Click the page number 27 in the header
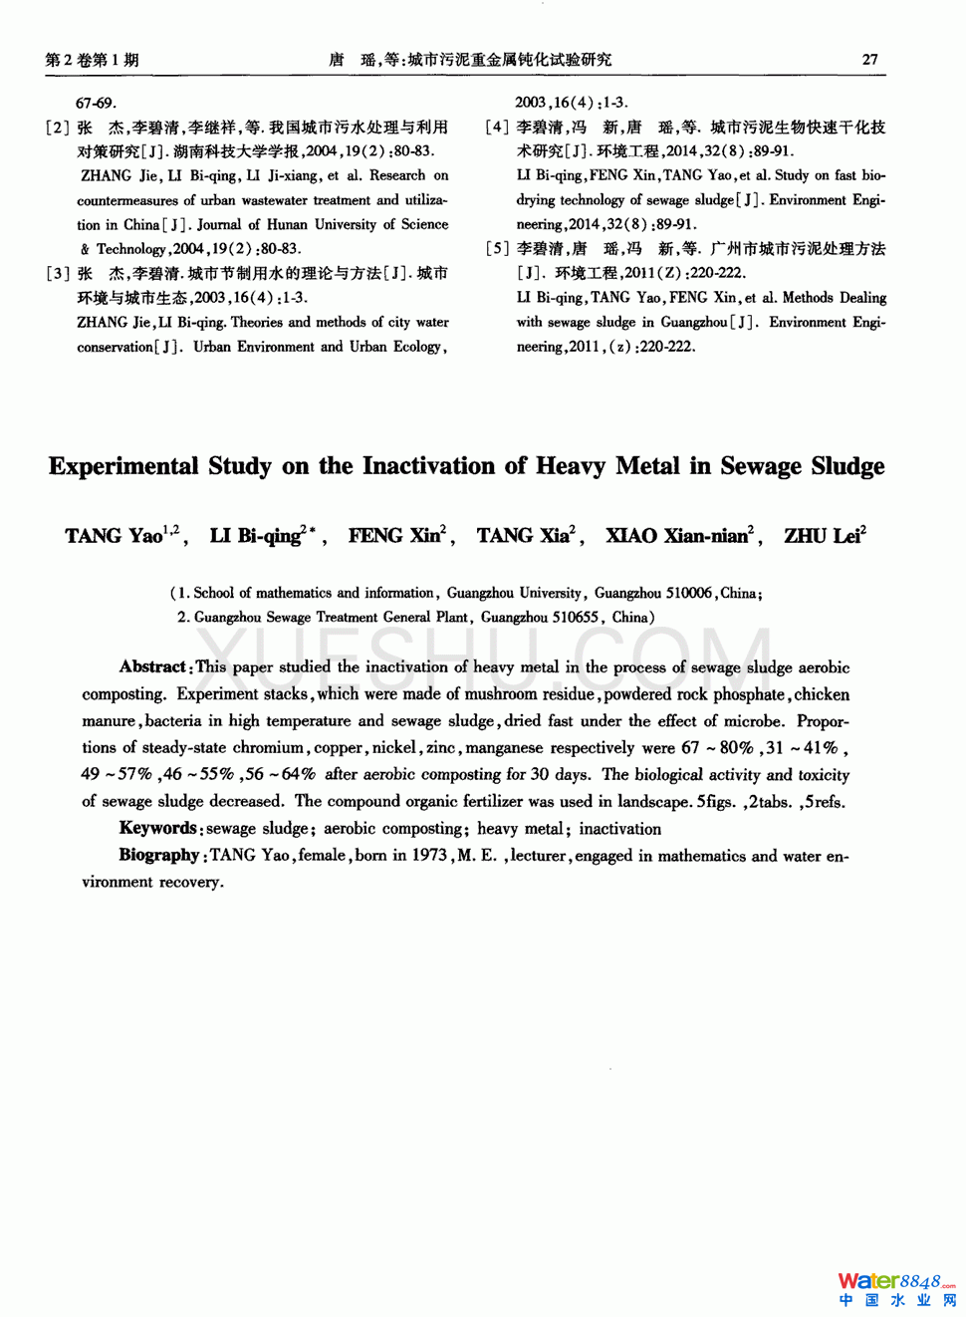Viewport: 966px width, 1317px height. click(x=869, y=60)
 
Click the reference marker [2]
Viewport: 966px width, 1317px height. click(x=58, y=128)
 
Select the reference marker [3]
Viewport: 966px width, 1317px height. click(x=58, y=274)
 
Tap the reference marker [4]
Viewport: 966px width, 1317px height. click(x=497, y=128)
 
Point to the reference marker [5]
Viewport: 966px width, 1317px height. click(x=497, y=249)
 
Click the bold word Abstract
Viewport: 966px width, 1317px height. click(x=152, y=666)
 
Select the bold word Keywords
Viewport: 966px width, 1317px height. click(x=158, y=828)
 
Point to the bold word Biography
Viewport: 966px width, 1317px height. click(x=159, y=855)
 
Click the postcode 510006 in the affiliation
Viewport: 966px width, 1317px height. click(x=689, y=593)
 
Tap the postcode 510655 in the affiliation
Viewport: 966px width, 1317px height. click(x=576, y=618)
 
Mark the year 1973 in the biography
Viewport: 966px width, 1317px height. click(x=429, y=855)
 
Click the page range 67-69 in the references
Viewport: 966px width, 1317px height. click(x=96, y=104)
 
